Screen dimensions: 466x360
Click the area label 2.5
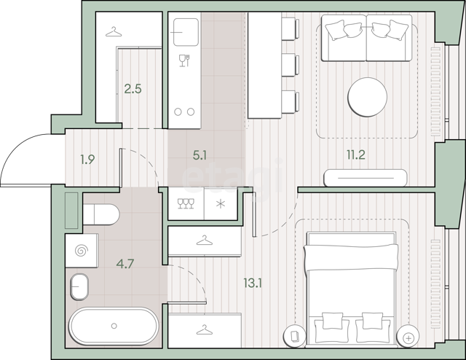pos(133,89)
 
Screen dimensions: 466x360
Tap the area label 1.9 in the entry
pos(87,160)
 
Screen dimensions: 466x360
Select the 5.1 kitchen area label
pos(200,155)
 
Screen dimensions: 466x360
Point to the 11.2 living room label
pos(356,154)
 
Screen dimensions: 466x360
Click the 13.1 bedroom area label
pos(253,283)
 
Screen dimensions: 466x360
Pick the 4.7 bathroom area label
pos(125,263)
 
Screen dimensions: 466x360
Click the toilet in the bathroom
pos(100,214)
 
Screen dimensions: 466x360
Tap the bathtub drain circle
pos(114,326)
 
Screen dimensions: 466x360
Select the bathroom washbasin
pos(79,287)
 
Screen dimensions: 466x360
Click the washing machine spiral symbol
pos(82,251)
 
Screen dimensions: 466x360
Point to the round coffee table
pos(367,97)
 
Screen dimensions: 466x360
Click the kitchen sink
pos(186,32)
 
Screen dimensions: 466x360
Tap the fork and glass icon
pos(184,60)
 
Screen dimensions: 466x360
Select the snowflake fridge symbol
pos(221,204)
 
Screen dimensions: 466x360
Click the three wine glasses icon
pos(186,203)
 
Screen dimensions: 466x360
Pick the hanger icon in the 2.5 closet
pos(114,32)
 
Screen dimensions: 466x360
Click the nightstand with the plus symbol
pos(408,337)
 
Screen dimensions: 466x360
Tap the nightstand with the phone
pos(294,337)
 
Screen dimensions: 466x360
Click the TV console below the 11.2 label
pos(366,178)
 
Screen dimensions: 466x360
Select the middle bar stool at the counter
pos(291,65)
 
